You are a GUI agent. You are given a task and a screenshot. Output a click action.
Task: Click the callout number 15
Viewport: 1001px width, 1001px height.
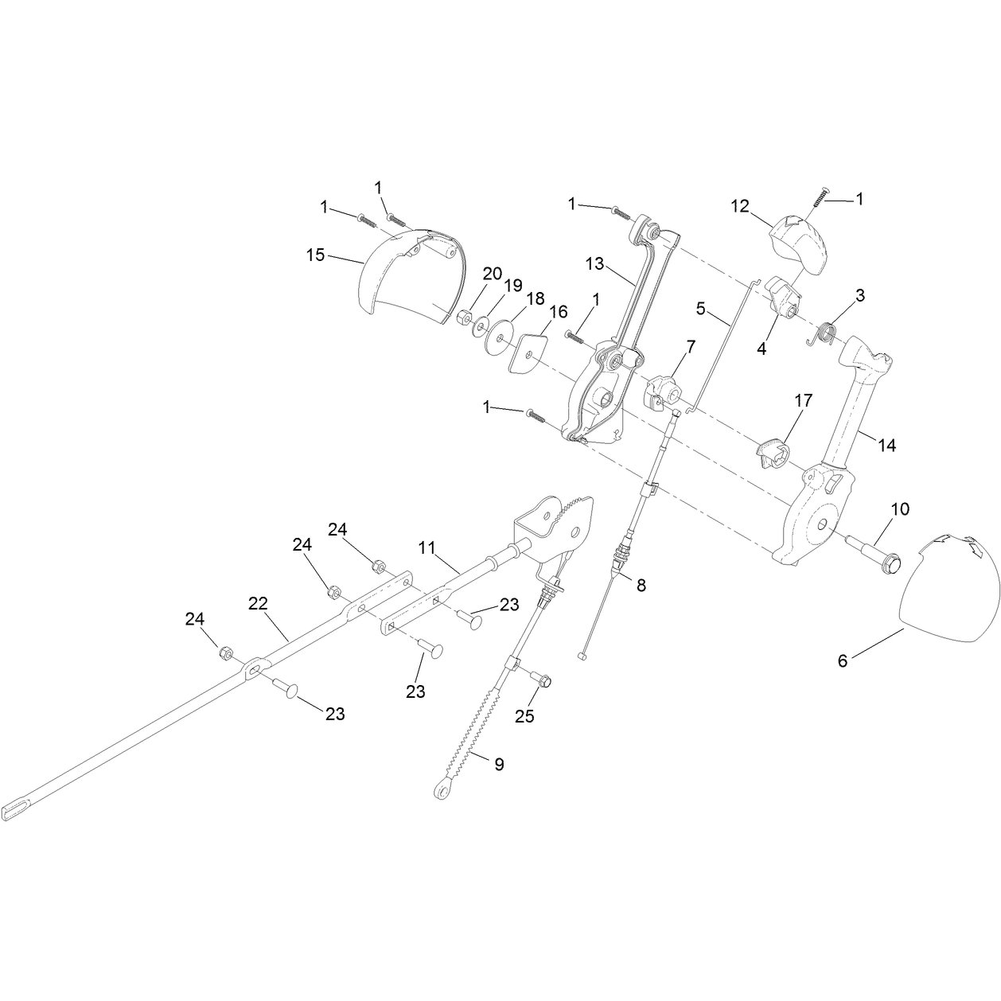point(315,255)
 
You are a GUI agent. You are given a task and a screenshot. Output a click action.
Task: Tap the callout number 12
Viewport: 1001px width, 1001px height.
point(740,206)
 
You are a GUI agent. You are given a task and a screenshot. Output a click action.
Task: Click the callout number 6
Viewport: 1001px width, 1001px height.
point(843,660)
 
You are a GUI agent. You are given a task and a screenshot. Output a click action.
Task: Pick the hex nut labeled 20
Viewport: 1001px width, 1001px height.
point(464,317)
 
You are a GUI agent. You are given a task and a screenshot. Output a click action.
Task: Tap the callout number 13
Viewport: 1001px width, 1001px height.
point(594,264)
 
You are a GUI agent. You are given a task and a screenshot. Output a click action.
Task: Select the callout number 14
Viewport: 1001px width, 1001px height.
point(887,445)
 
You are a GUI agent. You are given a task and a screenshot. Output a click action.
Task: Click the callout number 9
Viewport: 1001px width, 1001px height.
point(499,764)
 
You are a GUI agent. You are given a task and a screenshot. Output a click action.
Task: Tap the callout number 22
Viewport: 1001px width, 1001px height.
point(258,603)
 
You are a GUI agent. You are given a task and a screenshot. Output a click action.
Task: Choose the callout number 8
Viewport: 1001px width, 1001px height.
point(641,585)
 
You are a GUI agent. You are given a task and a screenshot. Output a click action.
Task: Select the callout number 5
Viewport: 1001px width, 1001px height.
point(701,309)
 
